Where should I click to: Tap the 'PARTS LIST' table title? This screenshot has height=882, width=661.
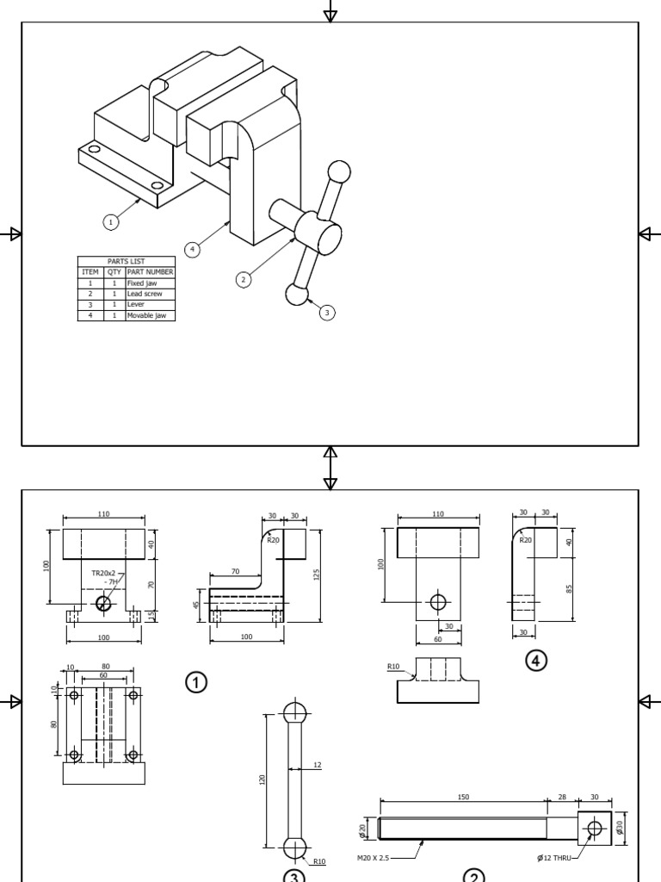[127, 261]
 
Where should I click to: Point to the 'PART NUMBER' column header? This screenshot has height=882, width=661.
[151, 272]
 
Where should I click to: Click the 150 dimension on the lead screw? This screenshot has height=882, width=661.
[463, 798]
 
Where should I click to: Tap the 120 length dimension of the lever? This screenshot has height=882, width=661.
[263, 779]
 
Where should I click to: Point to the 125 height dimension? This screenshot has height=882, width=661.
[316, 574]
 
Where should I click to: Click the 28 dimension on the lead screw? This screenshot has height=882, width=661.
[562, 798]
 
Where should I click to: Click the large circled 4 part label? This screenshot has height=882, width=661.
[536, 661]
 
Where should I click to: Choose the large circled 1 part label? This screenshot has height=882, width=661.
[195, 682]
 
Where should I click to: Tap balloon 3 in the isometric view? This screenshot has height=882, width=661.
[327, 313]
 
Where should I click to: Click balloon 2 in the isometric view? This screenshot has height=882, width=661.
[244, 279]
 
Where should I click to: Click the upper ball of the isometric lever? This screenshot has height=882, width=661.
[340, 171]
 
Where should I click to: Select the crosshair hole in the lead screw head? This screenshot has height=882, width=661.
[594, 829]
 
